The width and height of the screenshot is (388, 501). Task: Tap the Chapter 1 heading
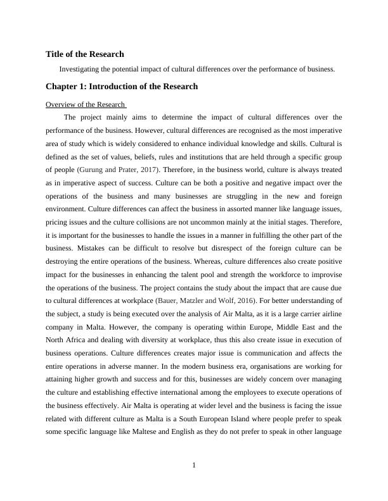[122, 86]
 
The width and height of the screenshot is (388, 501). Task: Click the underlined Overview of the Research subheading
[86, 104]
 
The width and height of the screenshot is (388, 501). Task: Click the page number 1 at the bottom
[194, 466]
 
